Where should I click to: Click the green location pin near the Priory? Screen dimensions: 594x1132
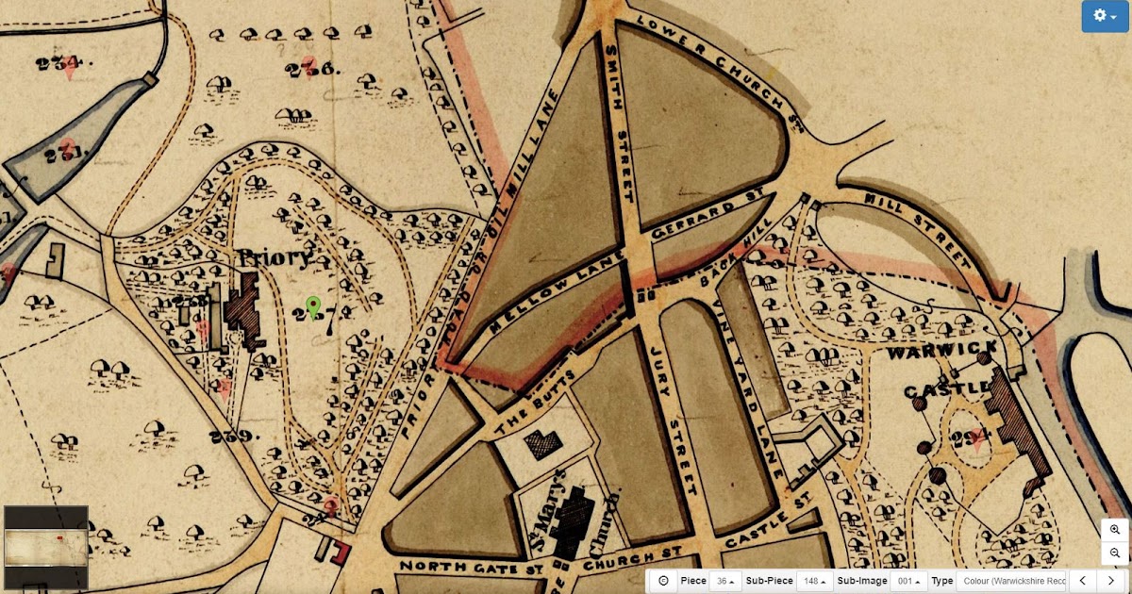314,306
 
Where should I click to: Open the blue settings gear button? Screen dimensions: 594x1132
1104,16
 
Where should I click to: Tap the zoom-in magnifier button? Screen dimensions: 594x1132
1114,530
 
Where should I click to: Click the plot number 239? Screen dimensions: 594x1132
235,436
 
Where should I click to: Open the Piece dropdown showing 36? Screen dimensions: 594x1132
725,581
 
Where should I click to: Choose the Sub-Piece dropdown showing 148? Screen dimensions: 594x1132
814,581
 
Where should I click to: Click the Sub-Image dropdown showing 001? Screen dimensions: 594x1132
908,581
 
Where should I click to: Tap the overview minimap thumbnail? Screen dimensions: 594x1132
46,548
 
